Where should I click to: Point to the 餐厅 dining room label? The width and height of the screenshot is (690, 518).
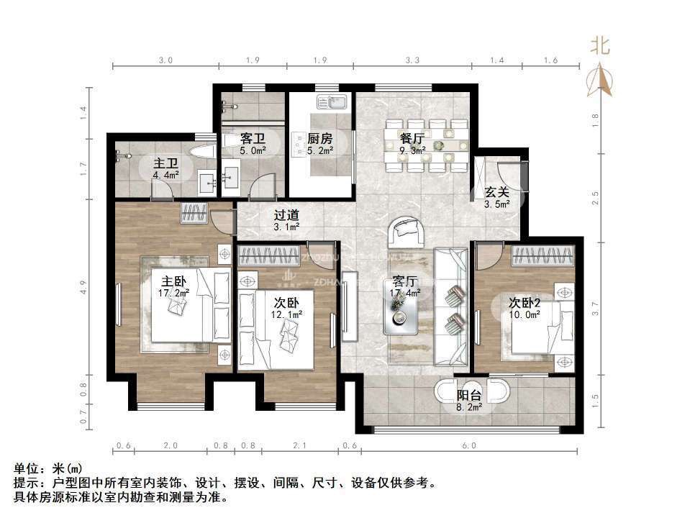click(412, 139)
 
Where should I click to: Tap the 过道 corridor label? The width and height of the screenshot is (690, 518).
click(286, 215)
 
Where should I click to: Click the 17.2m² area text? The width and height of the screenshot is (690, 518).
click(173, 293)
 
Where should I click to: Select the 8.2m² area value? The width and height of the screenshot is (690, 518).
click(469, 406)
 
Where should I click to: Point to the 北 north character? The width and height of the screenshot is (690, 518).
click(600, 47)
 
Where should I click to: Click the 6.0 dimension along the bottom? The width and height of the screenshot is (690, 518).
click(469, 446)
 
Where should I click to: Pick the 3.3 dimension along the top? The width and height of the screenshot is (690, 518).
click(413, 60)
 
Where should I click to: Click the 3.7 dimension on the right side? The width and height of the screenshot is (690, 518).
click(595, 308)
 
